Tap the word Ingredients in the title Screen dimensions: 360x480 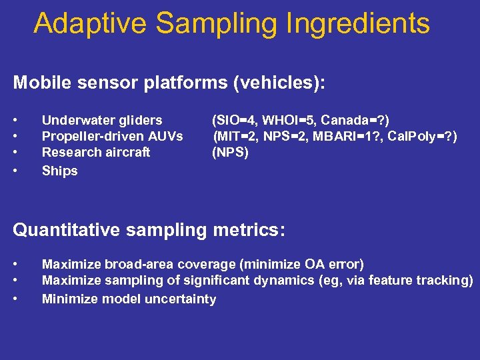coord(359,23)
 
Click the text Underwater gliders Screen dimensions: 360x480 coord(102,120)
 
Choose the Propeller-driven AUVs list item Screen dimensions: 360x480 coord(112,136)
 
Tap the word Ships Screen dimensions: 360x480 coord(59,171)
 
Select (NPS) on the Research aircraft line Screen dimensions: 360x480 coord(230,152)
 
